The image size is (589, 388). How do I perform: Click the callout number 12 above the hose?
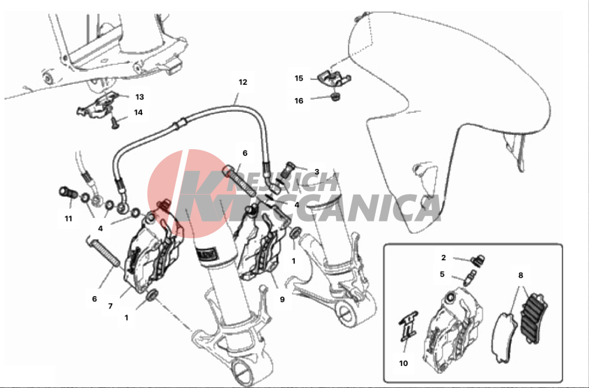[x=243, y=82]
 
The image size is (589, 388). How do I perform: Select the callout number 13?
[x=140, y=97]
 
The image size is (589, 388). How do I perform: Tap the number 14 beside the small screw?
[x=138, y=112]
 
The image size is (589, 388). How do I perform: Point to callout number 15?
[x=298, y=78]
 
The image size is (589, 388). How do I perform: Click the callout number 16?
[x=298, y=101]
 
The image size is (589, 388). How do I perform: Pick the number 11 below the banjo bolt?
[x=69, y=218]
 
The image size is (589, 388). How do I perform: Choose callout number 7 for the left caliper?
[x=110, y=306]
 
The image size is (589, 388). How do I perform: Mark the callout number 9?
[x=282, y=300]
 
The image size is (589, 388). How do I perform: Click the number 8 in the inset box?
[x=520, y=275]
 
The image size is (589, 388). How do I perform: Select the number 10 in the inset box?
[x=403, y=363]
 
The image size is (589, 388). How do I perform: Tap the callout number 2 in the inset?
[x=443, y=258]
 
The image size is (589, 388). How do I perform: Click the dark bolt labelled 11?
[x=69, y=193]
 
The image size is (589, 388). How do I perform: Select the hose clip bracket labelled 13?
[x=97, y=105]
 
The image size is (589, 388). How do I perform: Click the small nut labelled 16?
[x=335, y=97]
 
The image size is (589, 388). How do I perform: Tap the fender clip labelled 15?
[x=334, y=78]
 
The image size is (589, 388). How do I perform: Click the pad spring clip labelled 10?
[x=408, y=326]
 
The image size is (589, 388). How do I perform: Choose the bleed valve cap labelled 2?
[x=479, y=259]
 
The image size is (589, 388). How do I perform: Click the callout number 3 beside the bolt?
[x=317, y=172]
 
